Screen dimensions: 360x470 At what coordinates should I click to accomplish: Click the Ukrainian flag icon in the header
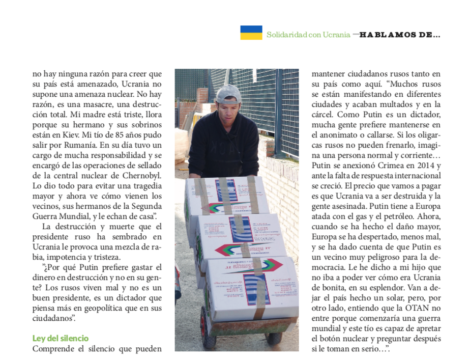click(251, 33)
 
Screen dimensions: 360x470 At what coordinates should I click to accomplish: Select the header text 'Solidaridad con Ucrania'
click(308, 35)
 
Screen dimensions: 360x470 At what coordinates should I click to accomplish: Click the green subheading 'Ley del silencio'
click(61, 338)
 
